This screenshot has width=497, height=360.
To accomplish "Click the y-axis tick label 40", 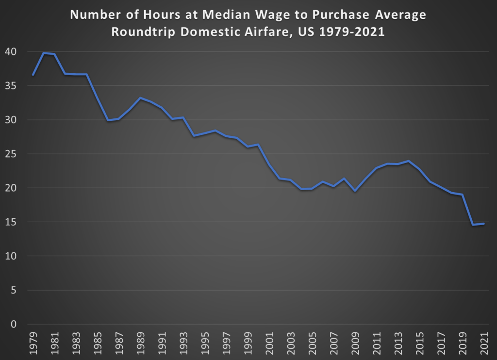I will click(11, 52).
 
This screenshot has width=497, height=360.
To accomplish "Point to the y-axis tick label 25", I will click(11, 154).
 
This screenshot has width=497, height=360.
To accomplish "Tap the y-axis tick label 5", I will click(14, 290).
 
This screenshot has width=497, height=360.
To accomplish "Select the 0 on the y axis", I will click(14, 324).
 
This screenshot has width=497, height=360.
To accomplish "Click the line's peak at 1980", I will click(44, 53).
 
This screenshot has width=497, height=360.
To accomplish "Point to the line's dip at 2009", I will click(355, 191).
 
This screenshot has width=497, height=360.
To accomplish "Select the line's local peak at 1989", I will click(140, 98).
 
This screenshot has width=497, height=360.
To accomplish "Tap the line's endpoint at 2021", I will click(484, 223).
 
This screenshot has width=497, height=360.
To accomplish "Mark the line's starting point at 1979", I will click(33, 75).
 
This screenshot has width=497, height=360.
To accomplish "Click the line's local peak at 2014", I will click(409, 161).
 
